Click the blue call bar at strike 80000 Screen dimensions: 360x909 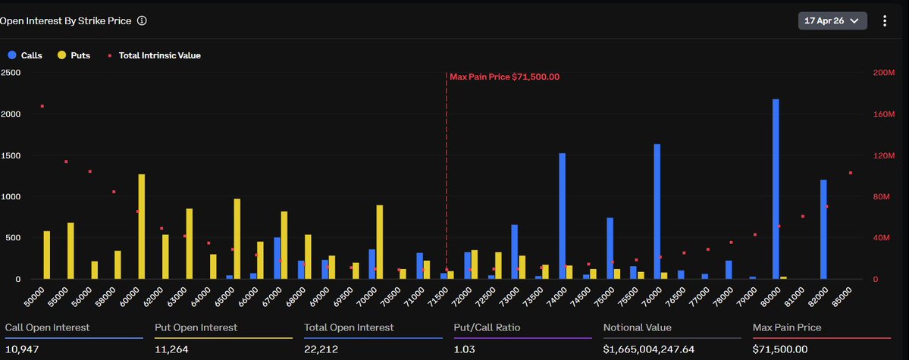776,189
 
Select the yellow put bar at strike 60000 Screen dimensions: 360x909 142,227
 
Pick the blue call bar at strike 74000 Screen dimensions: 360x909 562,216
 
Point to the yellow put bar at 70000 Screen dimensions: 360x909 379,243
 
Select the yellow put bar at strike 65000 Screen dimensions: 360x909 237,239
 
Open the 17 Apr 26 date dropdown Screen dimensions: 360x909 832,20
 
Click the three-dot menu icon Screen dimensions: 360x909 885,20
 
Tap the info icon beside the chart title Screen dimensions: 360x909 142,21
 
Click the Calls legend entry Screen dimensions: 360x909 26,55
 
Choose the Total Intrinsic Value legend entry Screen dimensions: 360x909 155,55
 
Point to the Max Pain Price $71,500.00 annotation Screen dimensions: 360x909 504,77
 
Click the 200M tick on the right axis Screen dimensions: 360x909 884,73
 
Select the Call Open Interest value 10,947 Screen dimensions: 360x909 22,349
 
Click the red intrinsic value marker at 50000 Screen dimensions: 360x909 42,106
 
